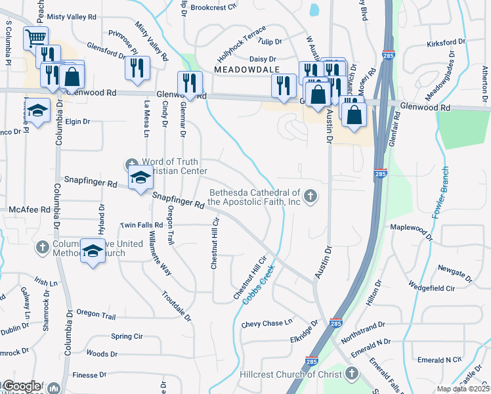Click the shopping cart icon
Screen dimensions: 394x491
pos(35,37)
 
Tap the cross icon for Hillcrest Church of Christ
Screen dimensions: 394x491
pos(351,374)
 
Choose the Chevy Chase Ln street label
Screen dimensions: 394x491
pos(267,323)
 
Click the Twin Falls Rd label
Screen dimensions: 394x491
pos(141,225)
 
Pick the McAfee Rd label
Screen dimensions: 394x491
pos(30,209)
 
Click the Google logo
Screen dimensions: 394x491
pos(22,386)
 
